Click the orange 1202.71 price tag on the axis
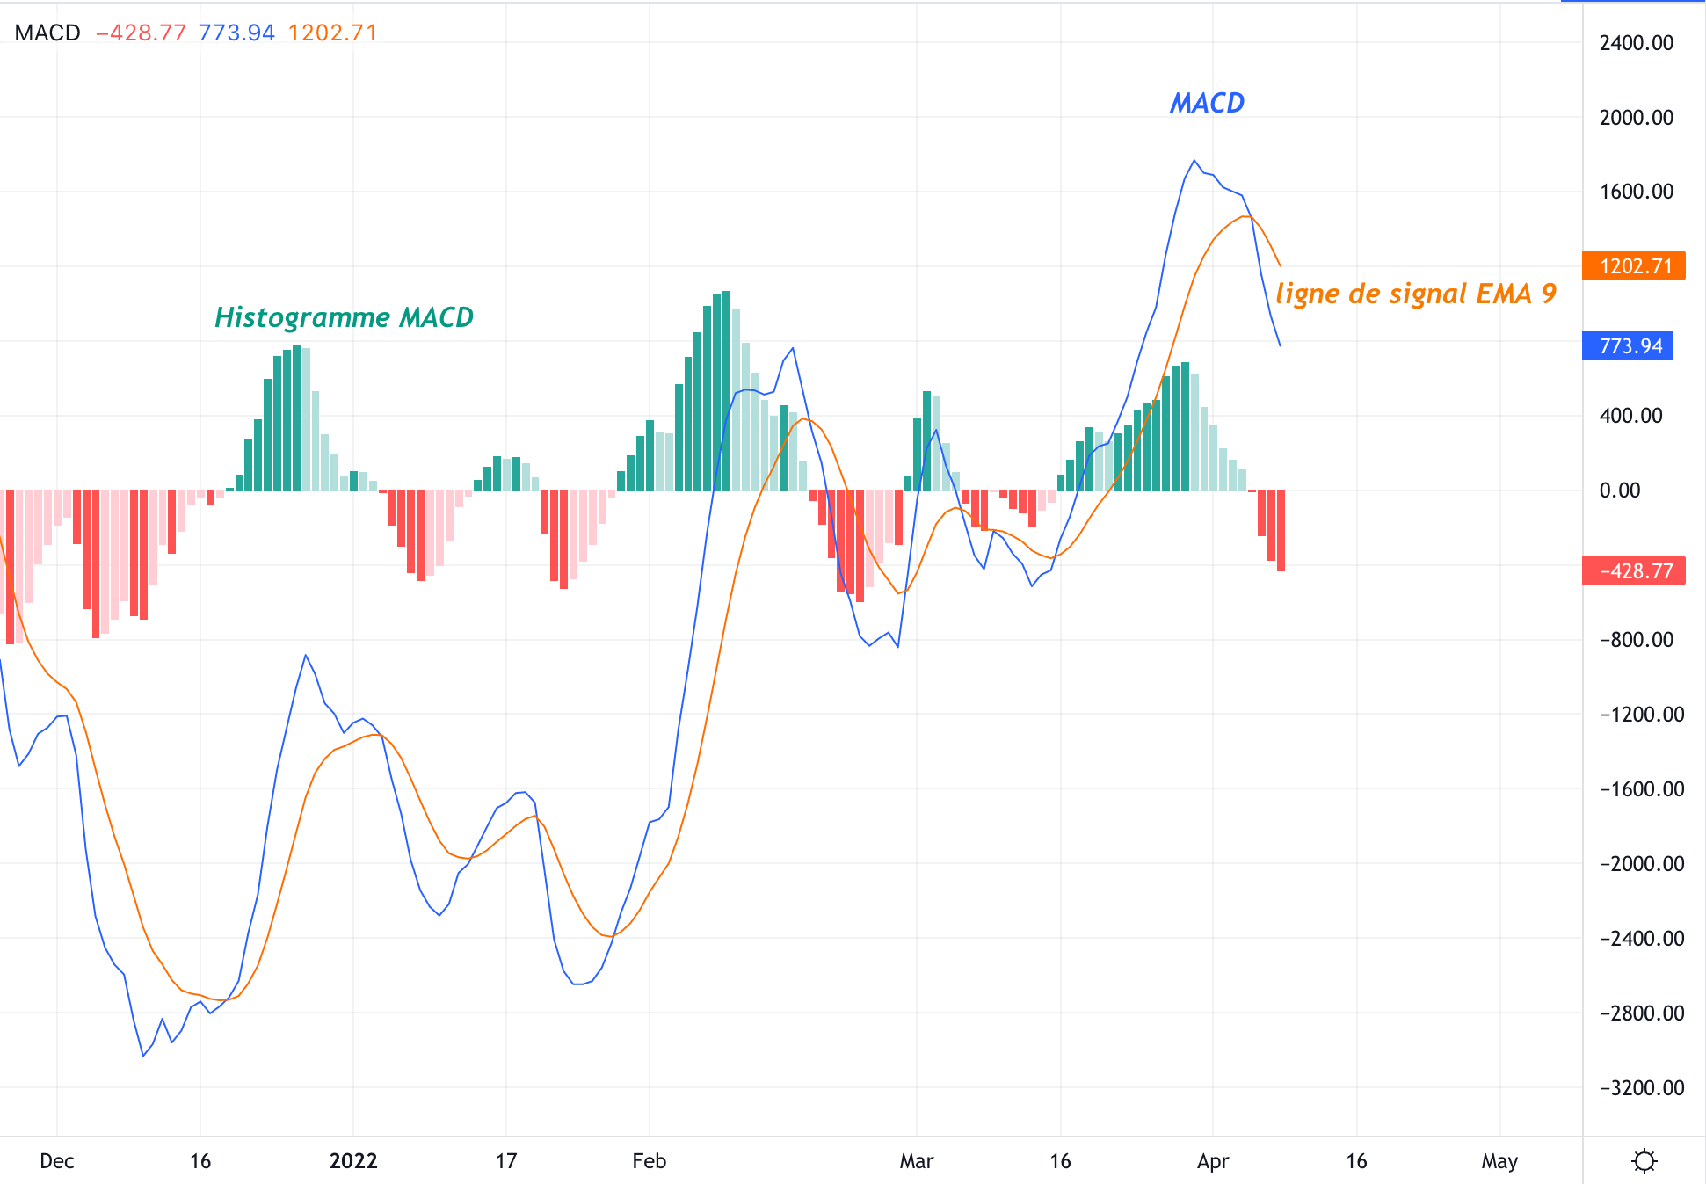(x=1633, y=265)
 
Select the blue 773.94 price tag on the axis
(x=1628, y=345)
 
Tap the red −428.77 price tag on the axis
(x=1633, y=570)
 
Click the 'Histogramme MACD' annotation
(x=344, y=317)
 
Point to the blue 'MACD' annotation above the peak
(x=1207, y=103)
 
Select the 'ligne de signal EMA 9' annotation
(x=1415, y=294)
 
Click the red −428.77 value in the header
(x=141, y=33)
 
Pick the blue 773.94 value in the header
(x=236, y=33)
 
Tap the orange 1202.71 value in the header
(x=332, y=33)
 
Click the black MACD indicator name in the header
(x=47, y=33)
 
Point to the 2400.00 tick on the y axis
(x=1636, y=43)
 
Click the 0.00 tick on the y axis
(x=1619, y=490)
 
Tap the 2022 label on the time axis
(x=353, y=1161)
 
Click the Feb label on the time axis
(x=649, y=1161)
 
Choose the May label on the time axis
(x=1499, y=1161)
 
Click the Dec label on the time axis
(x=57, y=1161)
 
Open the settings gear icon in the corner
(x=1644, y=1161)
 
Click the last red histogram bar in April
(x=1281, y=531)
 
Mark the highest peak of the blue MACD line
(x=1194, y=161)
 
